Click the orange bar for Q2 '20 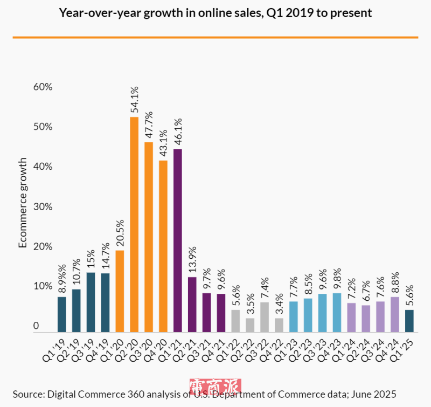coord(134,224)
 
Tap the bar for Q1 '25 coord(409,321)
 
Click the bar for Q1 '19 coord(62,314)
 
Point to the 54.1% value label coord(134,100)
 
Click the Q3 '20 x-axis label coord(143,348)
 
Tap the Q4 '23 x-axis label coord(331,348)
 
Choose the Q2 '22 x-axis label coord(244,348)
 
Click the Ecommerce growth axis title coord(23,203)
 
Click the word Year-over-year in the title coord(99,12)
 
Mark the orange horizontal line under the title coord(215,37)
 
